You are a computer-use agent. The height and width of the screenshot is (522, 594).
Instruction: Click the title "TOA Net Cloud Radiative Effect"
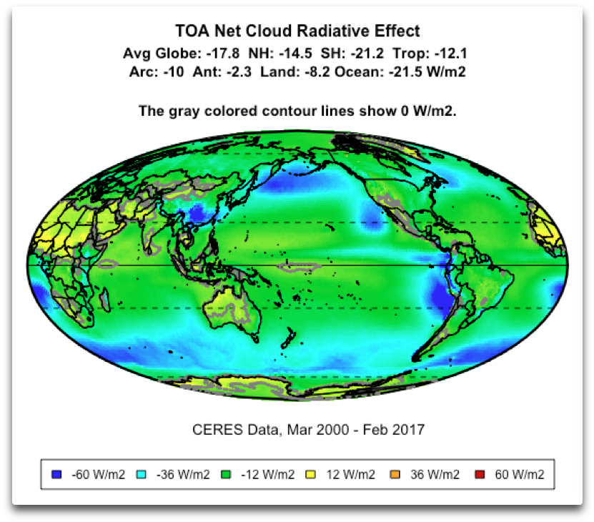click(x=297, y=31)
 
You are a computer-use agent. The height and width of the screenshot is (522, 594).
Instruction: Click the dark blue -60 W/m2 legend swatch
click(x=58, y=473)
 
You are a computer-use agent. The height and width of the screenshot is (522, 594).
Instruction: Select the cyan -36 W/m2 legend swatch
click(x=142, y=473)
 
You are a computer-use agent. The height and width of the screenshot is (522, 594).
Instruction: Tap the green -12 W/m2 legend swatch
click(x=225, y=473)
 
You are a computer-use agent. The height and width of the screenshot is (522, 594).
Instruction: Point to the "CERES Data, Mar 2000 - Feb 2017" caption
click(x=308, y=430)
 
